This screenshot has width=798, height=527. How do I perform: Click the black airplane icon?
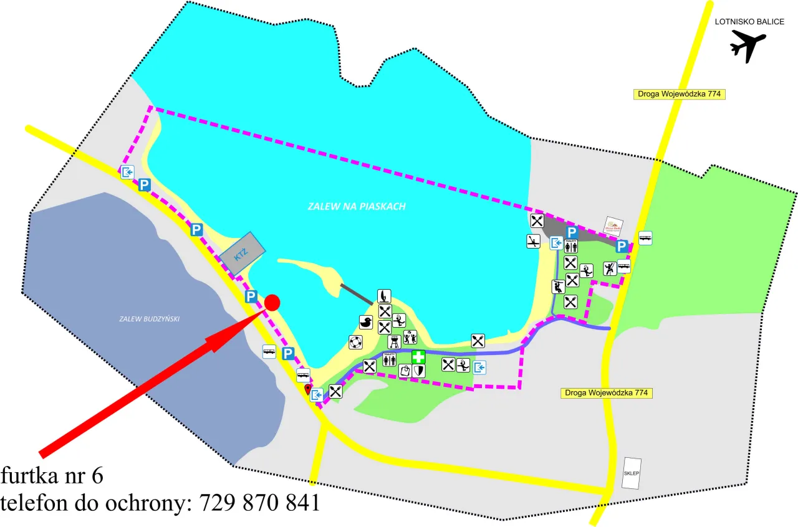[x=748, y=46]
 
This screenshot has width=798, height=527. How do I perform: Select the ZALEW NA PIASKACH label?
[x=357, y=206]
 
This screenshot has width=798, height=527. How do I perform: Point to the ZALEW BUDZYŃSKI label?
[x=149, y=319]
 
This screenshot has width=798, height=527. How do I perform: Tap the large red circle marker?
[x=272, y=303]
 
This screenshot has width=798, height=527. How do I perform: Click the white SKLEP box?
[x=632, y=473]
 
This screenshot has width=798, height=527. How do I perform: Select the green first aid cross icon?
[x=418, y=357]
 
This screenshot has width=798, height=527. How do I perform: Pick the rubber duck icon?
[x=366, y=322]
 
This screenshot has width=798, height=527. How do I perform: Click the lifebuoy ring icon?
[x=355, y=342]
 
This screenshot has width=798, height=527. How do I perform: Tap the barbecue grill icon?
[x=394, y=341]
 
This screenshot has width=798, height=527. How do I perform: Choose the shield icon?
[x=419, y=371]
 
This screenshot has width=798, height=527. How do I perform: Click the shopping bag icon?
[x=405, y=371]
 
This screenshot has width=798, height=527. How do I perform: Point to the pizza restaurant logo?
[x=613, y=225]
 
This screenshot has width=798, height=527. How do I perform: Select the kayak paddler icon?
[x=533, y=241]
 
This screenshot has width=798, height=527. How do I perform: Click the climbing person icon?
[x=610, y=268]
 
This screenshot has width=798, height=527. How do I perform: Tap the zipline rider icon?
[x=558, y=287]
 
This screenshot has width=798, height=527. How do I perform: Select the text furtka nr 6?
[x=52, y=476]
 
